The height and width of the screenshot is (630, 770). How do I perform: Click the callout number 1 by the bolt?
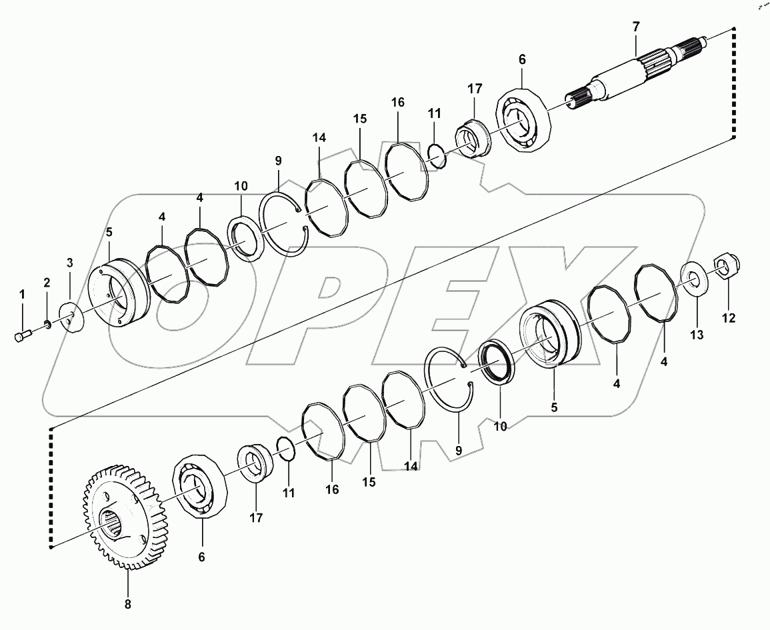coord(21,293)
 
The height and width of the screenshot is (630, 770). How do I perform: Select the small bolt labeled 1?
coord(21,336)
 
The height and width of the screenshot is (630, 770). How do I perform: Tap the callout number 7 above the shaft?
coord(635,27)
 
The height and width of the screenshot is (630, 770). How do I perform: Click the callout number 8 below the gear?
coord(127,605)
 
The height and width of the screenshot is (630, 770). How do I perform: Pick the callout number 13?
coord(696,335)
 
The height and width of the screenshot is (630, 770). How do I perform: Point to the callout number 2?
coord(47,283)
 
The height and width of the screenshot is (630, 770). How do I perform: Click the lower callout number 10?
coord(499,425)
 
